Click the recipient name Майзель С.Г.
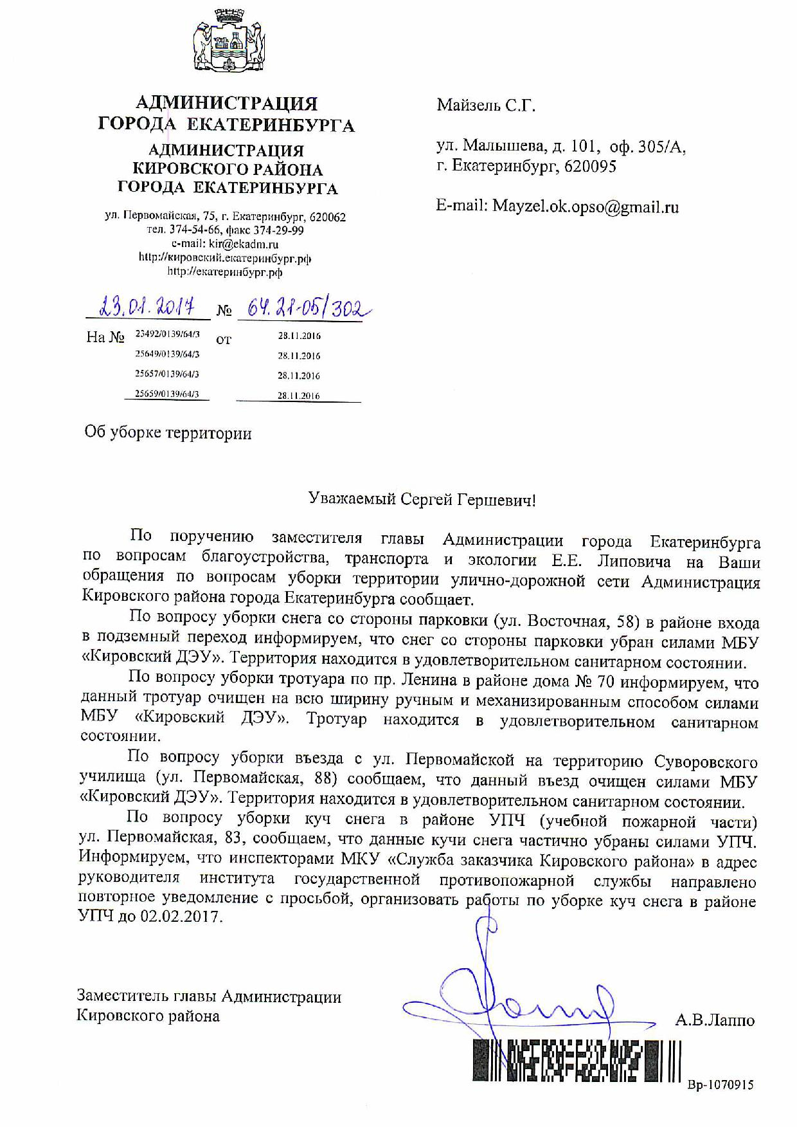click(x=486, y=105)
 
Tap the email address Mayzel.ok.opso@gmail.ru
click(x=585, y=206)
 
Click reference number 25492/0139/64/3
click(x=167, y=334)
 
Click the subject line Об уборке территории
click(x=168, y=433)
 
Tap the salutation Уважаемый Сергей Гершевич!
click(x=422, y=499)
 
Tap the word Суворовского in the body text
click(x=705, y=762)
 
